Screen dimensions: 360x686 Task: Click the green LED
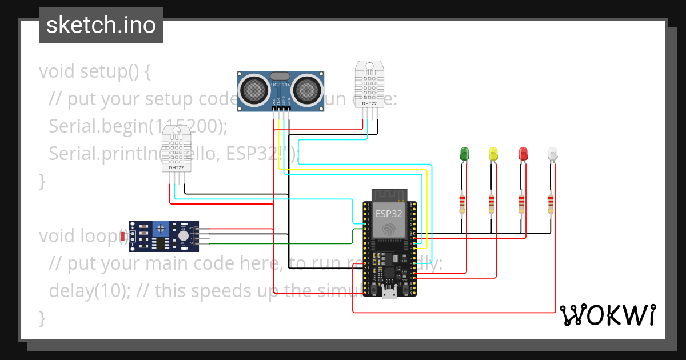coord(464,153)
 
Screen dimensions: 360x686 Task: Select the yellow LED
coord(493,153)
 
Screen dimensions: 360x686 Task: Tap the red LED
coord(523,153)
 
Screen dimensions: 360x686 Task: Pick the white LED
coord(553,153)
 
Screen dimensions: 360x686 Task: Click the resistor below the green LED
coord(462,204)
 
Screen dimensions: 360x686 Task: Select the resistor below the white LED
coord(551,204)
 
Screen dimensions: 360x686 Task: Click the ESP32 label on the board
coord(389,214)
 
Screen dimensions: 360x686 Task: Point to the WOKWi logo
coord(607,315)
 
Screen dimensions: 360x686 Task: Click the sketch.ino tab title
coord(101,25)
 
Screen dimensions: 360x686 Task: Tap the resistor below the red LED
coord(521,204)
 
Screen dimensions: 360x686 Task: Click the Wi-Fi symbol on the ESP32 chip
coord(389,229)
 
